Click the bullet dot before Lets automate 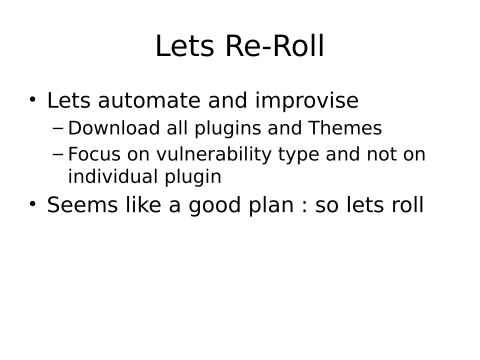point(33,100)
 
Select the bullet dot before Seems point(33,205)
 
